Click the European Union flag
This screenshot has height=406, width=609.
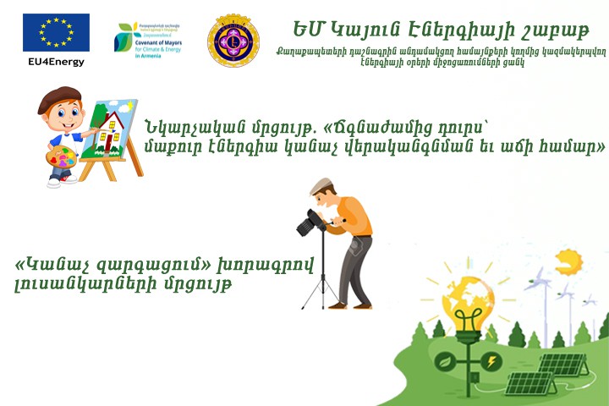pos(56,33)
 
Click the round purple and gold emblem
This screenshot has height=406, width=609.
pos(233,39)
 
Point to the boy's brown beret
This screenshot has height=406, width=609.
pos(59,96)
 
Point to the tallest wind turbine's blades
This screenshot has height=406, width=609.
pos(539,280)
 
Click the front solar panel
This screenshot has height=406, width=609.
pos(532,386)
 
